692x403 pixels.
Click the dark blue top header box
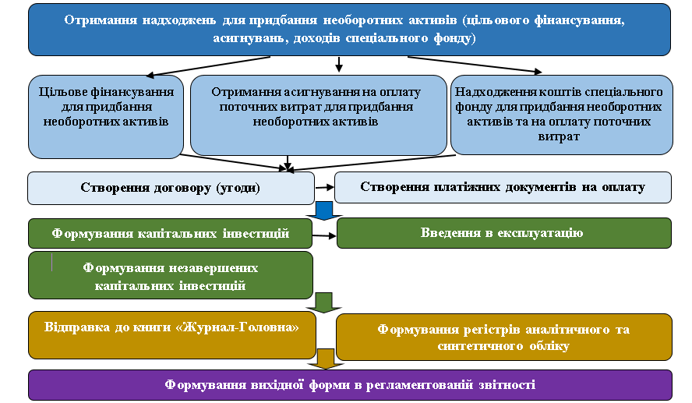pos(349,30)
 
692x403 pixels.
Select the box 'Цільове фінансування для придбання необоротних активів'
pos(106,116)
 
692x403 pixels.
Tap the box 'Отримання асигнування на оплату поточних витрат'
pos(318,115)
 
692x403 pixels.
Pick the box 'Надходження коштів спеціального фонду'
pos(561,115)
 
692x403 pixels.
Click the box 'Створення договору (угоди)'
pos(171,188)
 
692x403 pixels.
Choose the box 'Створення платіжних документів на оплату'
pos(503,187)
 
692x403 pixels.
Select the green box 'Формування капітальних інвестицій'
pos(170,233)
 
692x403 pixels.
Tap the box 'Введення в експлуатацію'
pos(503,232)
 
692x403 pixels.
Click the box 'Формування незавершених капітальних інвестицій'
pos(171,275)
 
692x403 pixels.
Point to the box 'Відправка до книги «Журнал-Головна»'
pos(172,335)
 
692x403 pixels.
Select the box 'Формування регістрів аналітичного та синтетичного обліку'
pos(503,338)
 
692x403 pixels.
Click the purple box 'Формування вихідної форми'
pos(350,385)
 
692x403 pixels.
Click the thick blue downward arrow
pos(324,211)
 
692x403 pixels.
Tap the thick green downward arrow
pos(324,302)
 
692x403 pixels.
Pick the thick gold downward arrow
pos(326,359)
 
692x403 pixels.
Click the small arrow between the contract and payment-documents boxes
pos(325,188)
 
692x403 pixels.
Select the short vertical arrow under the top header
pos(338,65)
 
